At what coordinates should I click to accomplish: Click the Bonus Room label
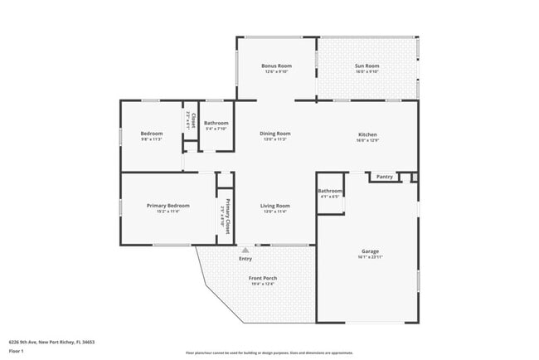point(276,66)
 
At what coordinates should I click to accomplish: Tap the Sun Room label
point(367,66)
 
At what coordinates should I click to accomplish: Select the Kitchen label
point(367,134)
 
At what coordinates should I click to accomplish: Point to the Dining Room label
point(276,134)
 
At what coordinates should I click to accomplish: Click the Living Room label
point(275,206)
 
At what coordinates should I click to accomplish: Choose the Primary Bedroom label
point(168,206)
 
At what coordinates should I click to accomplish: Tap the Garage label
point(370,251)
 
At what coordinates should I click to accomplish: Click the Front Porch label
point(264,278)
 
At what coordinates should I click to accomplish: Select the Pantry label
point(384,177)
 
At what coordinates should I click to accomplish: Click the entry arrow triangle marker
point(245,249)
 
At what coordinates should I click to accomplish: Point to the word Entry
point(245,259)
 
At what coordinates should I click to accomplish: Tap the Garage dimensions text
point(370,257)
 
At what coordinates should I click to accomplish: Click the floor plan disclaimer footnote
point(269,353)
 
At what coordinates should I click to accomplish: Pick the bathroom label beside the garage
point(329,192)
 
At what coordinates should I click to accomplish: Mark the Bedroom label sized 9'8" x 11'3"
point(151,134)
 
